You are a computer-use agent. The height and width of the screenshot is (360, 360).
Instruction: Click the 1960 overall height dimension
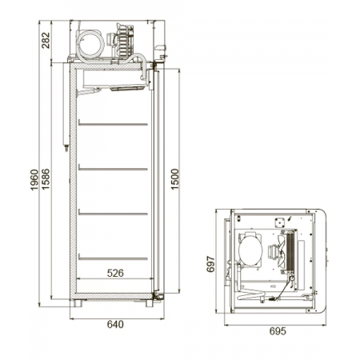click(x=34, y=180)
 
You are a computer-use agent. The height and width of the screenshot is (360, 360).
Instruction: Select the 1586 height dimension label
click(x=46, y=179)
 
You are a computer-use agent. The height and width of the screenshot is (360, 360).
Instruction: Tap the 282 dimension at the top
click(x=46, y=40)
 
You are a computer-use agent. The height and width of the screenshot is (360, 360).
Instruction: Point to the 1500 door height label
click(x=175, y=179)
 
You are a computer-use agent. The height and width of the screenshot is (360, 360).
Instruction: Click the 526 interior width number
click(x=115, y=273)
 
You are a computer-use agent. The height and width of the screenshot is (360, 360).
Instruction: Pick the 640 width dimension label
click(x=115, y=324)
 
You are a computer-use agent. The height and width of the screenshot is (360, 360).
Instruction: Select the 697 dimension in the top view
click(x=210, y=264)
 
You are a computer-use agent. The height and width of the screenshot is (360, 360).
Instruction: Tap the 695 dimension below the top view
click(x=278, y=331)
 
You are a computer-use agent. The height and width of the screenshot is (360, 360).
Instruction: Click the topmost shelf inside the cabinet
click(x=113, y=124)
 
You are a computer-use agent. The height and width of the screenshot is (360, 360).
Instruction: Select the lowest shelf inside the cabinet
click(x=113, y=258)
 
